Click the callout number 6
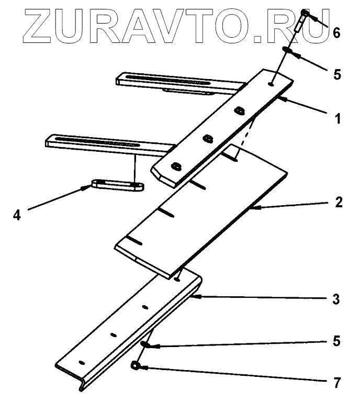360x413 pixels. (x=336, y=33)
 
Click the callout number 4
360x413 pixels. (x=17, y=215)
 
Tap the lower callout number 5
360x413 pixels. (x=337, y=342)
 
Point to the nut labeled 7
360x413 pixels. (x=135, y=366)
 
